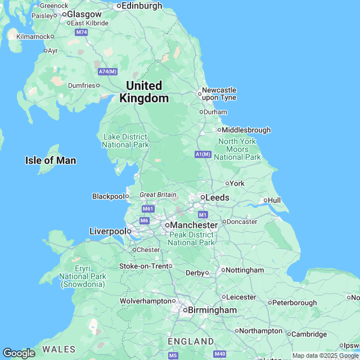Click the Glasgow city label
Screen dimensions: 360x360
[x=84, y=14]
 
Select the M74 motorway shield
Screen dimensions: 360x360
[x=82, y=33]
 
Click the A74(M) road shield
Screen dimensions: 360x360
[x=107, y=71]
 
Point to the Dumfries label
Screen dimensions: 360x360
[x=81, y=85]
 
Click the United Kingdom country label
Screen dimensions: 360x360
[x=144, y=92]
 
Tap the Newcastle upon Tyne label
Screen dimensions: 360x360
[x=219, y=93]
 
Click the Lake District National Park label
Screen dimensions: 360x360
[x=125, y=141]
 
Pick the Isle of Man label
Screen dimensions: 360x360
[x=51, y=160]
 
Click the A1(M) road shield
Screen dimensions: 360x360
[x=202, y=154]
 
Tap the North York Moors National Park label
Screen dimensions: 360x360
[x=237, y=149]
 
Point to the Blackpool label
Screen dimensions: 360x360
[x=107, y=196]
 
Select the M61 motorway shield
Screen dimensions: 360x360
[x=148, y=209]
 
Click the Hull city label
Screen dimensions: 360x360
[x=274, y=200]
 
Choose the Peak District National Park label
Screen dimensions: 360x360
[x=191, y=238]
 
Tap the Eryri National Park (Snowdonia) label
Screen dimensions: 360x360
[x=83, y=277]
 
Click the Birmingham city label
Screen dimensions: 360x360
[x=212, y=310]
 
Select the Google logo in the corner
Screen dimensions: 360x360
[x=18, y=353]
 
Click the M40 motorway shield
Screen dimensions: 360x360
[x=220, y=354]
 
